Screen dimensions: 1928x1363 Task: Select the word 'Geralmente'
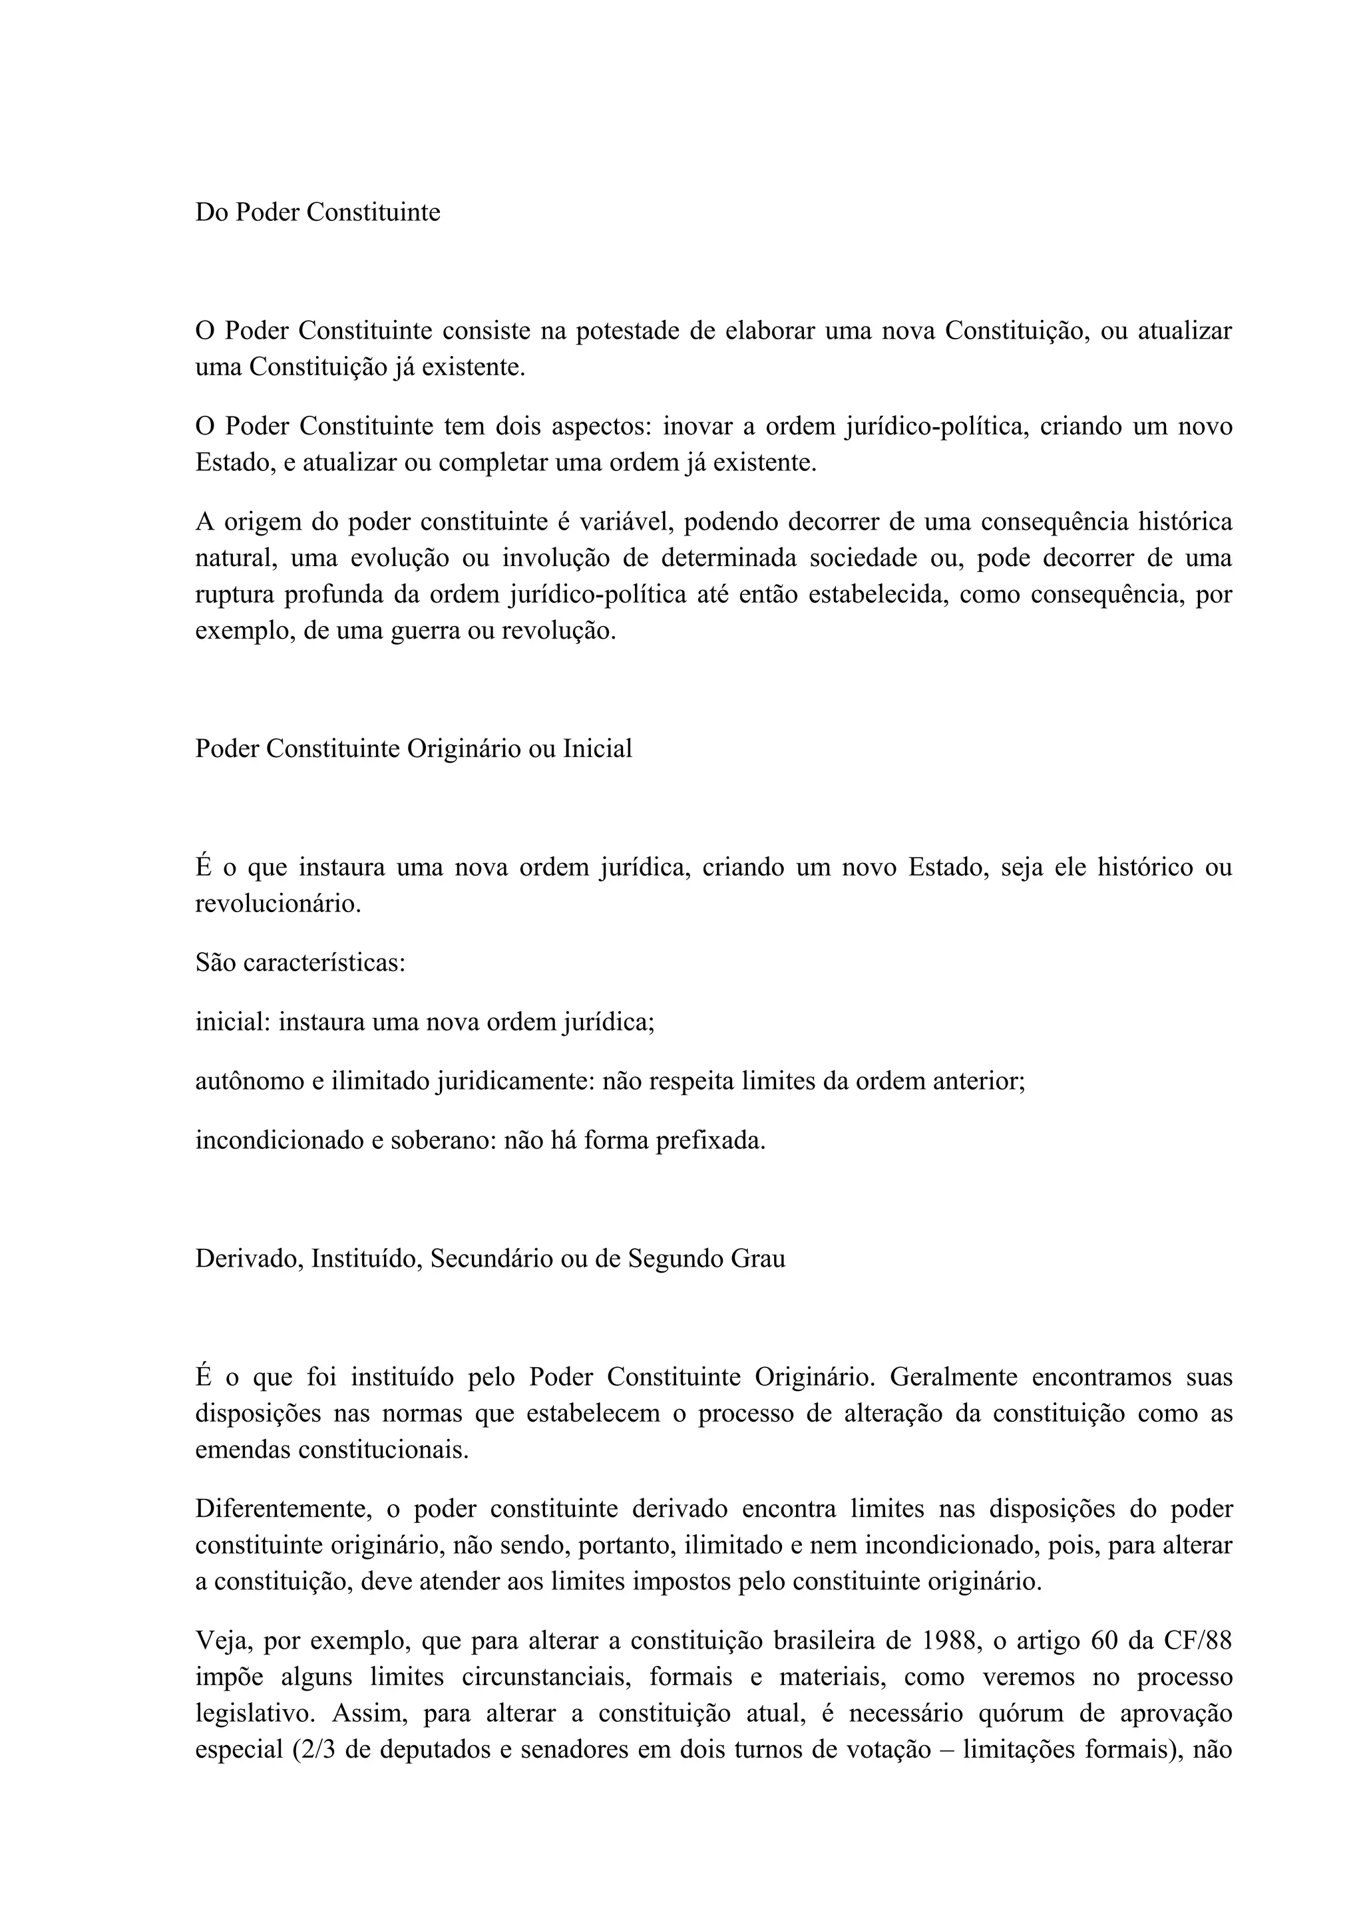pos(953,1377)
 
